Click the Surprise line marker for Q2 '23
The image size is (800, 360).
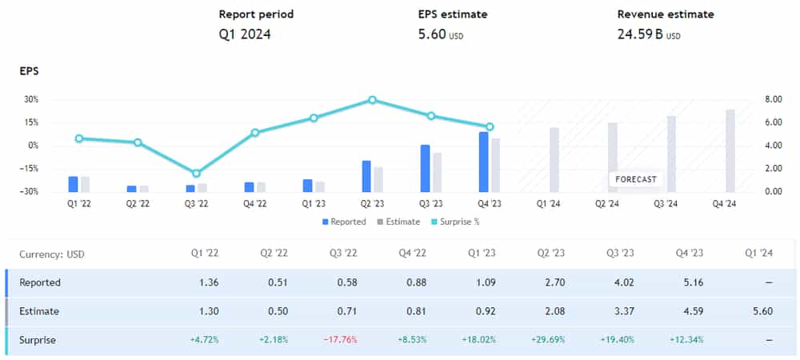373,100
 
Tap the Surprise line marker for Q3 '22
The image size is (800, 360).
196,173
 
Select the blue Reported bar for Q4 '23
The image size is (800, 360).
483,162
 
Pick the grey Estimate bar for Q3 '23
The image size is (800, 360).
437,172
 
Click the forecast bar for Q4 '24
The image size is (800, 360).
730,150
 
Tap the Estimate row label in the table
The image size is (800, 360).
39,311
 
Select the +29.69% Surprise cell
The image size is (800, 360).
550,340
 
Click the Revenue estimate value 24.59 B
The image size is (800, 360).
641,34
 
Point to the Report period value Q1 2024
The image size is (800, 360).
245,34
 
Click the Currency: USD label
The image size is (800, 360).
52,254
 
